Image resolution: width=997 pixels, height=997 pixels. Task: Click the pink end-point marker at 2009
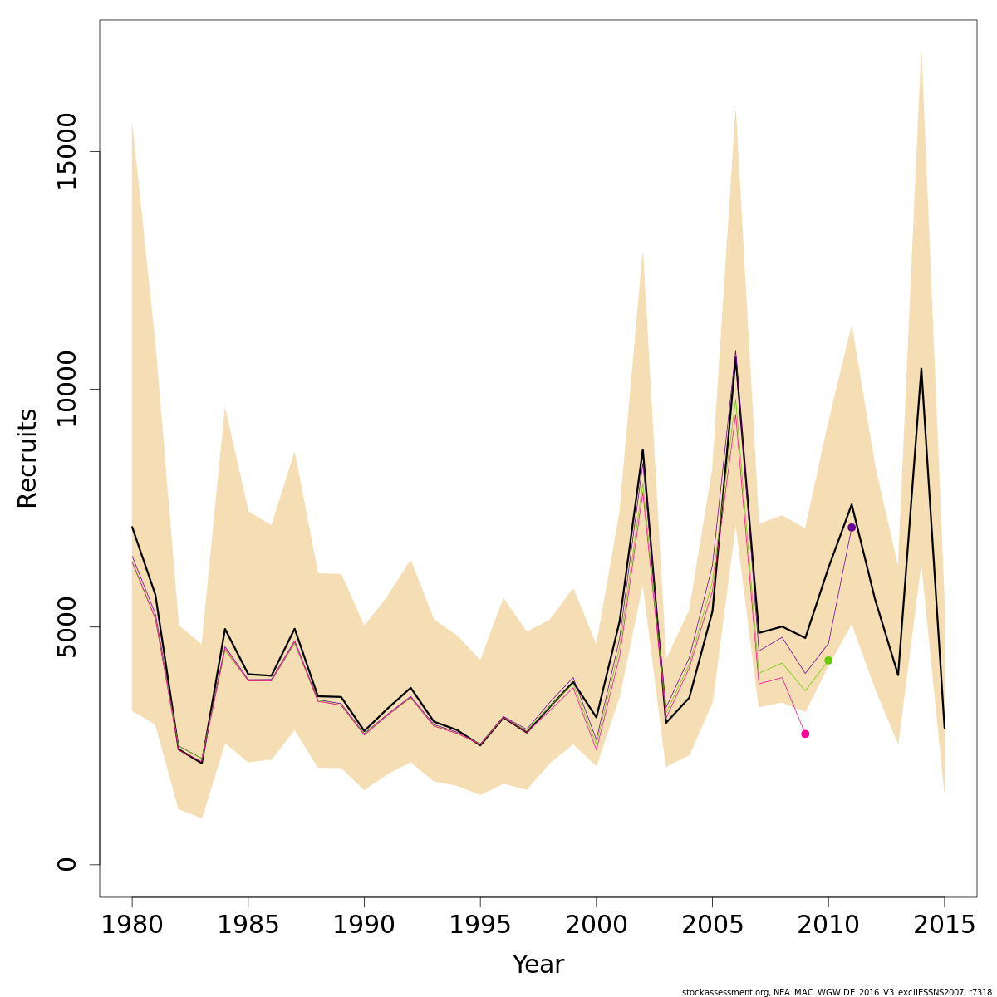coord(805,734)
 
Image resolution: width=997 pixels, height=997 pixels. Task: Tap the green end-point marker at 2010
coord(828,661)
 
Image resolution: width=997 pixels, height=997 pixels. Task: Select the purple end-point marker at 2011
coord(852,528)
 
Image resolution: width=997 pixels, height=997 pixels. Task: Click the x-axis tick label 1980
coord(132,925)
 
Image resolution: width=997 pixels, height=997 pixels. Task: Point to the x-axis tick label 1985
coord(248,925)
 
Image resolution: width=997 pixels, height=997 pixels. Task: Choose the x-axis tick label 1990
coord(364,925)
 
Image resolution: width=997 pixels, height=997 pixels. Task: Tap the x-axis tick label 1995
coord(480,925)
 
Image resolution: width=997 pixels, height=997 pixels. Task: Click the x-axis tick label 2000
coord(596,925)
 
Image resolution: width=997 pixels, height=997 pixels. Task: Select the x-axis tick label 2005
coord(712,925)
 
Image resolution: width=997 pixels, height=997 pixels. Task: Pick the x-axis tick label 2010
coord(828,925)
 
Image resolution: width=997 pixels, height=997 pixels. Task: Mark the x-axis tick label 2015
coord(944,925)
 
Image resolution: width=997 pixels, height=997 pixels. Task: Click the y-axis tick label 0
coord(66,864)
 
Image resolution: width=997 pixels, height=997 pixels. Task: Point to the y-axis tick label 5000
coord(66,626)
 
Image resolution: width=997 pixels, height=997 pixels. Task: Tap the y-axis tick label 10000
coord(66,390)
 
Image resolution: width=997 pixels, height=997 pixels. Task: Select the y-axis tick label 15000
coord(66,152)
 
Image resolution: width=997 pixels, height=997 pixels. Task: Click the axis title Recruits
coord(27,458)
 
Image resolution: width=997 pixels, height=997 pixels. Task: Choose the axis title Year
coord(538,965)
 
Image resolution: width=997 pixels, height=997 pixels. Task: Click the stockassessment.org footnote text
coord(837,992)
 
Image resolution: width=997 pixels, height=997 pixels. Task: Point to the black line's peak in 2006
coord(735,358)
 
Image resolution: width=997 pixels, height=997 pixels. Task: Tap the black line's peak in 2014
coord(921,368)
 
